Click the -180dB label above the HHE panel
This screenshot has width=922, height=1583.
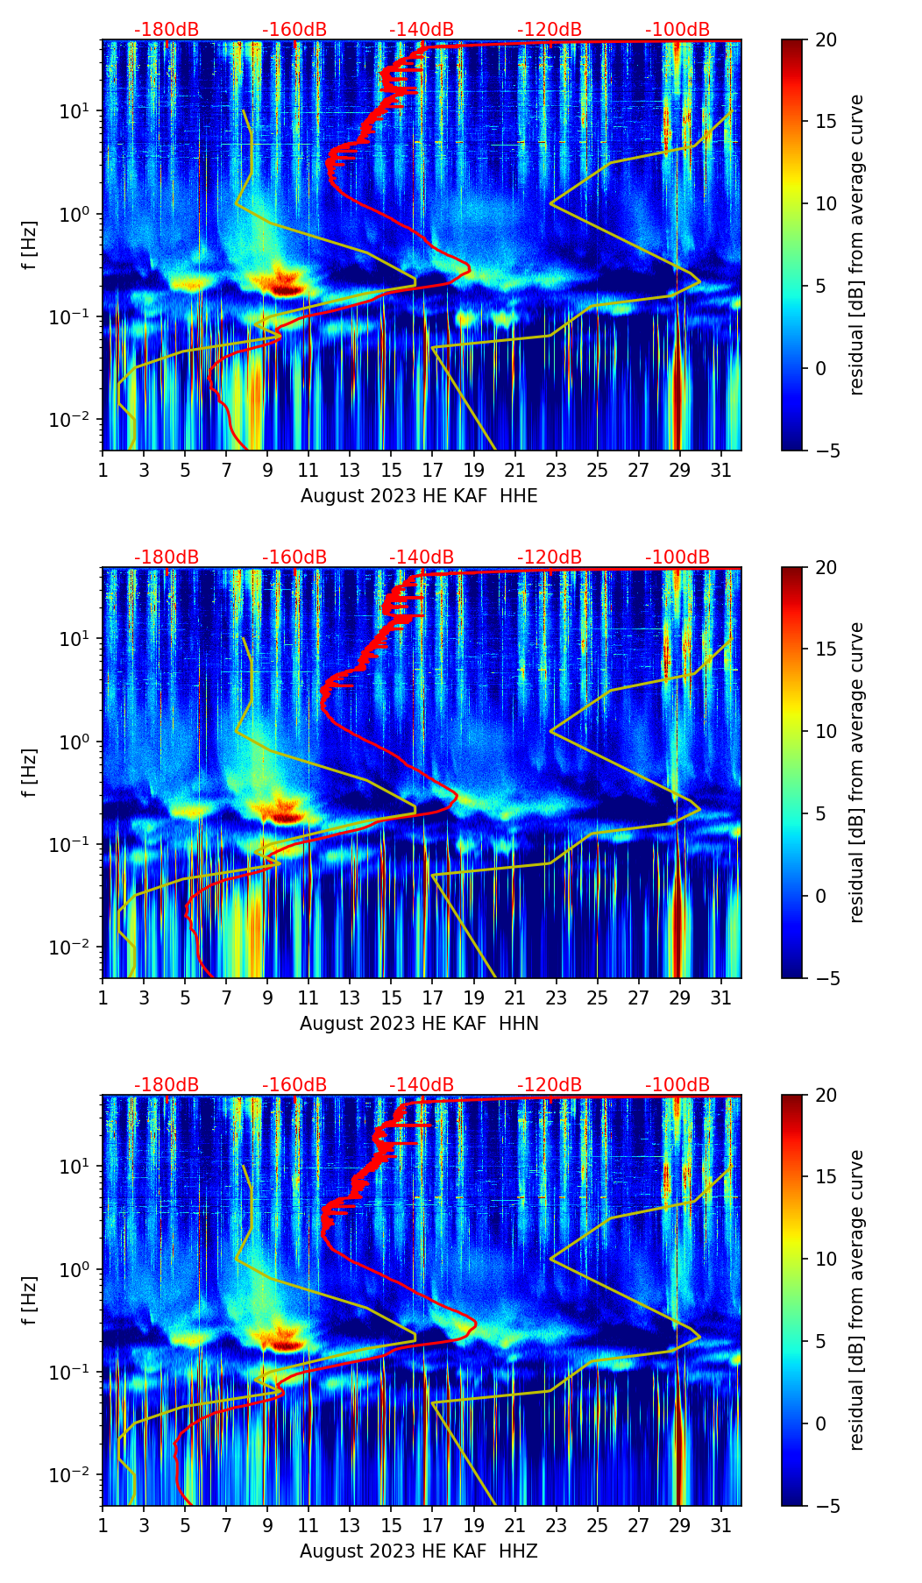click(167, 30)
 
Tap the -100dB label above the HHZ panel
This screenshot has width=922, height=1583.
click(677, 1085)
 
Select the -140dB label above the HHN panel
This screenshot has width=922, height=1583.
click(422, 557)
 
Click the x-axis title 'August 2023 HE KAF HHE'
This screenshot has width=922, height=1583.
click(419, 496)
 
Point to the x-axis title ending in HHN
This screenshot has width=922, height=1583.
click(419, 1024)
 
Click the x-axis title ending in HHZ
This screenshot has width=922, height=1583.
click(419, 1551)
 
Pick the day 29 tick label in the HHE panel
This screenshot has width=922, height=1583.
click(680, 470)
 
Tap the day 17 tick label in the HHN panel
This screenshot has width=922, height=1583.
click(433, 997)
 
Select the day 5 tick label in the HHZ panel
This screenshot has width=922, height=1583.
click(185, 1525)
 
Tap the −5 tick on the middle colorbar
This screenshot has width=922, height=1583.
click(825, 978)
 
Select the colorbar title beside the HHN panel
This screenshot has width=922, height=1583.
click(856, 772)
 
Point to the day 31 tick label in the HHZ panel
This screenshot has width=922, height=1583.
click(721, 1525)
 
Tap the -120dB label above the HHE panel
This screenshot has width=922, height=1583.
click(550, 30)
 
